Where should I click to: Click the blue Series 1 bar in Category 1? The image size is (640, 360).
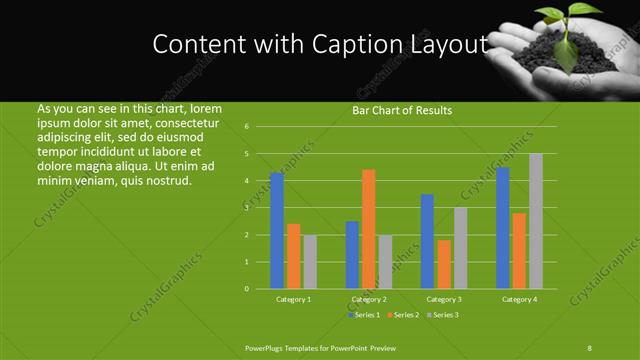pyautogui.click(x=277, y=231)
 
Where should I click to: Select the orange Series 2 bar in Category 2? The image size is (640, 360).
pyautogui.click(x=369, y=229)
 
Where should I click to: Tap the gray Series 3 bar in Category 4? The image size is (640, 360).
pyautogui.click(x=536, y=221)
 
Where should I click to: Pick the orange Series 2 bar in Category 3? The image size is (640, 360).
pyautogui.click(x=444, y=264)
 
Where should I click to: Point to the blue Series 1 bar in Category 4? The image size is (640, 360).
pyautogui.click(x=503, y=228)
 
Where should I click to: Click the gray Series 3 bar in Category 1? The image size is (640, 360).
pyautogui.click(x=310, y=262)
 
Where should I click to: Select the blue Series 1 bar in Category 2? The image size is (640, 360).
pyautogui.click(x=352, y=255)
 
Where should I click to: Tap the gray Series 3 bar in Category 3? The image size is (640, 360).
pyautogui.click(x=460, y=248)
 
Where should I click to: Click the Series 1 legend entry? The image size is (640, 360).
pyautogui.click(x=364, y=315)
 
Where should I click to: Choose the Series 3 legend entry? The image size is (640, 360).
pyautogui.click(x=444, y=315)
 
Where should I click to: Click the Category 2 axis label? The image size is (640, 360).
pyautogui.click(x=369, y=299)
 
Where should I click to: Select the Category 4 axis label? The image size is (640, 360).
pyautogui.click(x=519, y=299)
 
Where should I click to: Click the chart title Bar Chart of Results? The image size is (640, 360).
pyautogui.click(x=401, y=110)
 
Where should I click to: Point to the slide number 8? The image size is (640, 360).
pyautogui.click(x=589, y=347)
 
